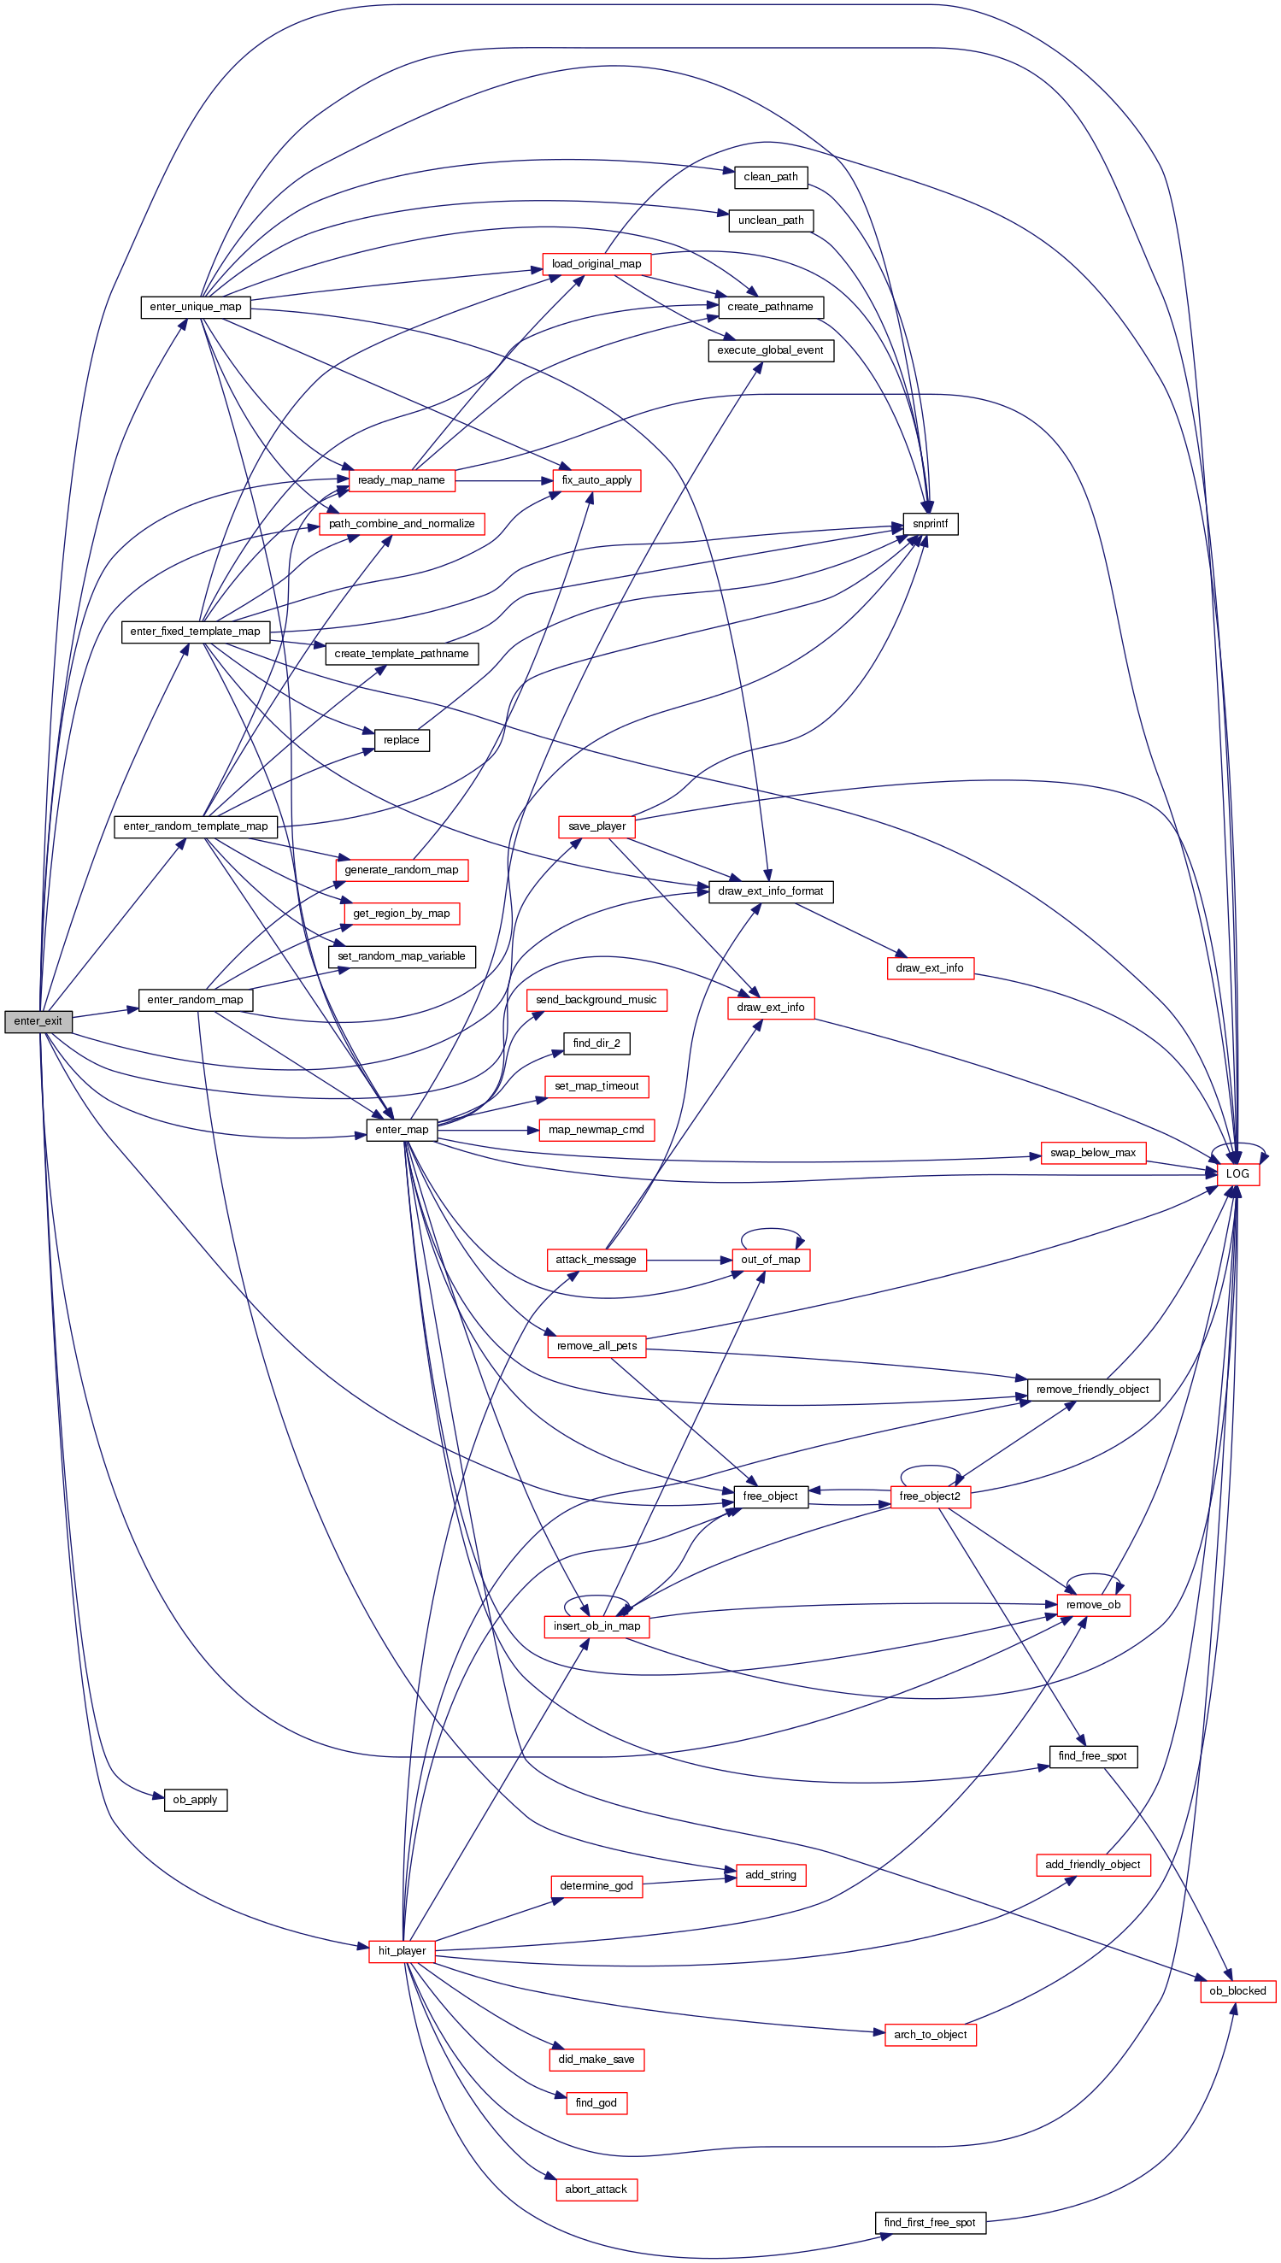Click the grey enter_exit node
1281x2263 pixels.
tap(38, 1021)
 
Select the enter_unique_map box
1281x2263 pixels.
tap(196, 307)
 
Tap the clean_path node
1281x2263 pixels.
tap(771, 177)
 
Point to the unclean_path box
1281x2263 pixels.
tap(771, 220)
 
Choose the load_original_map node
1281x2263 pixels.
tap(596, 264)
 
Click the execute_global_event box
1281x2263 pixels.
tap(770, 350)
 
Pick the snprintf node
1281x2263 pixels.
tap(930, 525)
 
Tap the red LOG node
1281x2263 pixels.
tap(1237, 1173)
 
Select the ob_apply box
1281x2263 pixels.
tap(196, 1799)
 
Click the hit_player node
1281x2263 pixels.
tap(401, 1951)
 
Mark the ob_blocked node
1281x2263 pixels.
tap(1237, 1991)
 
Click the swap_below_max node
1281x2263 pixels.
tap(1093, 1153)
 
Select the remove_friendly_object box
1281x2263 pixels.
tap(1093, 1390)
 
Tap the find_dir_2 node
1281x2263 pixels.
tap(596, 1043)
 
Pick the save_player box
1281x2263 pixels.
tap(596, 826)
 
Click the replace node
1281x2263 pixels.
tap(401, 740)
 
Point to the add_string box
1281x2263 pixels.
tap(771, 1875)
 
